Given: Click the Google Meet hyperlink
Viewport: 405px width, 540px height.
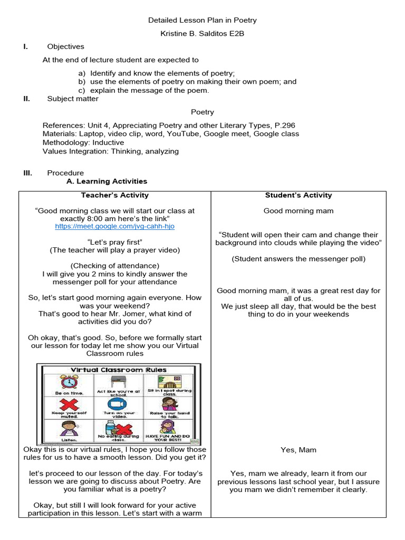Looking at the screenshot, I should pyautogui.click(x=114, y=226).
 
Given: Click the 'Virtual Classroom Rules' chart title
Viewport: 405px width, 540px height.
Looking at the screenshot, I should pyautogui.click(x=118, y=370).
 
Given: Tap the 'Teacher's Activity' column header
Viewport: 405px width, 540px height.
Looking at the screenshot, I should pyautogui.click(x=114, y=195).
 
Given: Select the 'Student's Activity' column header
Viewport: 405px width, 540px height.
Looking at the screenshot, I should pyautogui.click(x=298, y=195).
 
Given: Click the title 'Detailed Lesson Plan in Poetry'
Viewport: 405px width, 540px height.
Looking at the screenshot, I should pyautogui.click(x=202, y=21).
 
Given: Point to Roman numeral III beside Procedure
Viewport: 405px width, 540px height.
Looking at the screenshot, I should pyautogui.click(x=27, y=173).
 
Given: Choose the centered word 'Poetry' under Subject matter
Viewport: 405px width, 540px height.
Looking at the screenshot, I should pyautogui.click(x=202, y=112).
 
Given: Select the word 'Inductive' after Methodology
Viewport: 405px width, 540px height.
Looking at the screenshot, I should pyautogui.click(x=107, y=142).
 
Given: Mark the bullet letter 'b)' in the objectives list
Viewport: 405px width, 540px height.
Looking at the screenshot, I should pyautogui.click(x=82, y=82).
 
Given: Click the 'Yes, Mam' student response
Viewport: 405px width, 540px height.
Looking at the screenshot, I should pyautogui.click(x=298, y=450).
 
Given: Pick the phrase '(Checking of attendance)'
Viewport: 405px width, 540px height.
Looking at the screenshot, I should pyautogui.click(x=114, y=266).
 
